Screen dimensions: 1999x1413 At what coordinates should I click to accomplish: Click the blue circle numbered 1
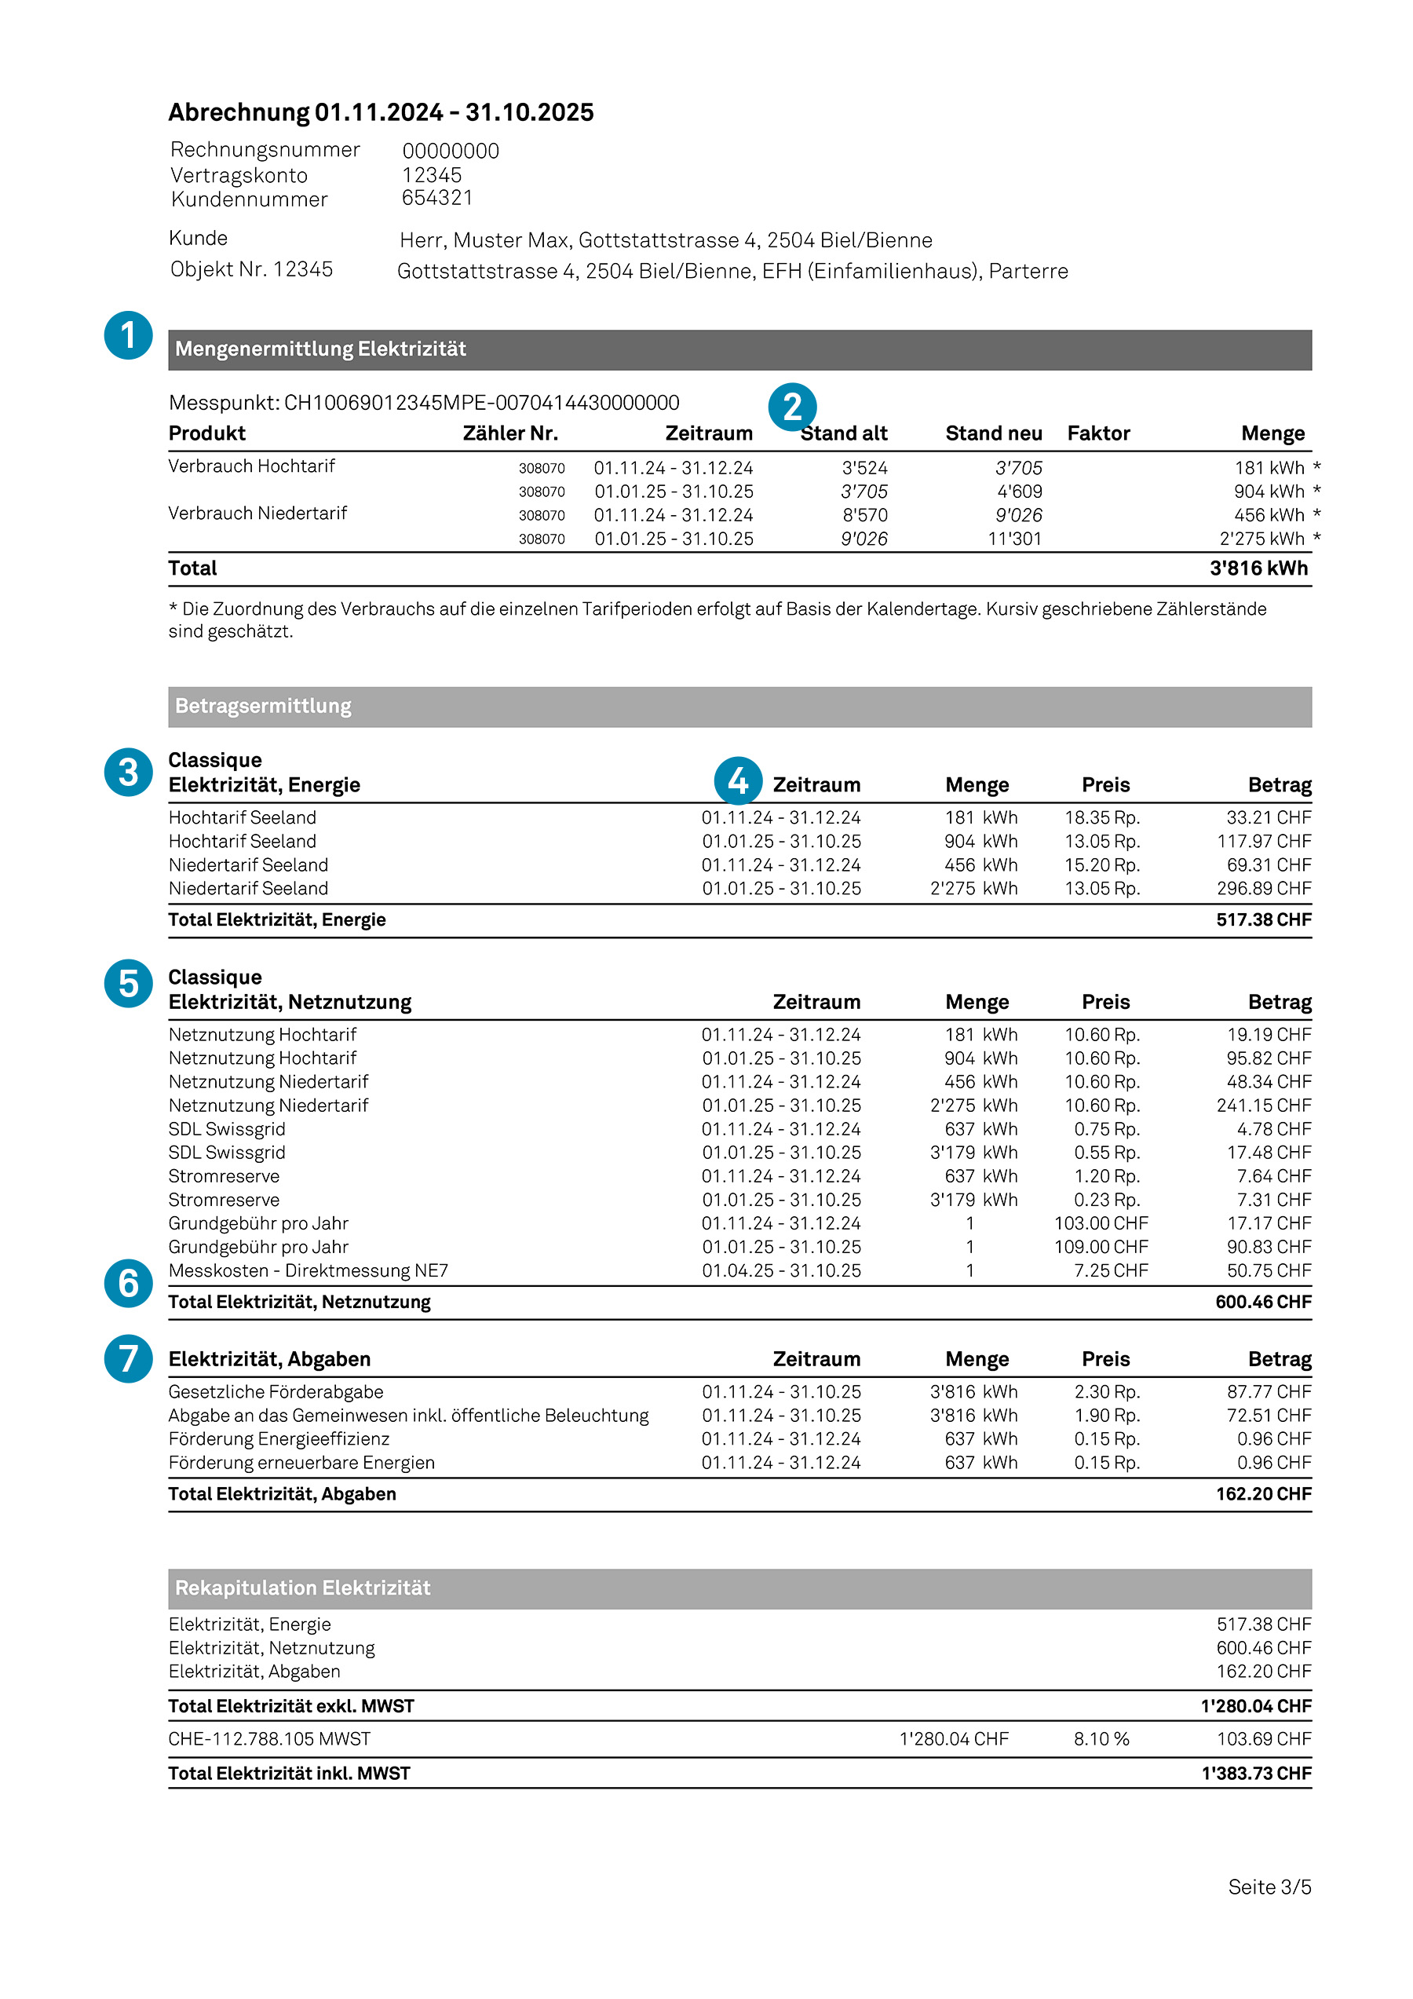(128, 335)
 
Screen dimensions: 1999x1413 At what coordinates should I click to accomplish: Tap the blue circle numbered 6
(128, 1282)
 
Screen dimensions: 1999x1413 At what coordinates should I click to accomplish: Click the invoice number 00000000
(450, 151)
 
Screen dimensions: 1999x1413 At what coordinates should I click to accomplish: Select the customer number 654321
(436, 198)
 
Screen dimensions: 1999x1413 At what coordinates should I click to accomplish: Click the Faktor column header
(1098, 433)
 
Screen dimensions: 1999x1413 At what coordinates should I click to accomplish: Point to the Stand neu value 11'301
(1014, 539)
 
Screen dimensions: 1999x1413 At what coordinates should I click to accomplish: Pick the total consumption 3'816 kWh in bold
(1258, 568)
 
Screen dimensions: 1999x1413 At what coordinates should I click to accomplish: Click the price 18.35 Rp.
(1101, 817)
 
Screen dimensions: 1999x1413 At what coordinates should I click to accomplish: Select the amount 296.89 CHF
(1263, 888)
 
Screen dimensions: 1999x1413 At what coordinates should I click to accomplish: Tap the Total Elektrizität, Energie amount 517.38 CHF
(1263, 919)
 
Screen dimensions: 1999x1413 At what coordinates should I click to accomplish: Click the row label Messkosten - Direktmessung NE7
(309, 1270)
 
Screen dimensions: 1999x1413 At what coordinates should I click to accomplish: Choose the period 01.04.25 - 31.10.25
(781, 1270)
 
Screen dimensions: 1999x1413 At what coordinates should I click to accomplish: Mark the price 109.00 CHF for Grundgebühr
(1101, 1247)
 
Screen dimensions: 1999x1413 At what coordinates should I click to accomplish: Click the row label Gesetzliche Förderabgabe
(276, 1391)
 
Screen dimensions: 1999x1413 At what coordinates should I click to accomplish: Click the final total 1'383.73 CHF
(1255, 1774)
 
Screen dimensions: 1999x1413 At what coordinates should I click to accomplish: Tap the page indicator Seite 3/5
(1269, 1887)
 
